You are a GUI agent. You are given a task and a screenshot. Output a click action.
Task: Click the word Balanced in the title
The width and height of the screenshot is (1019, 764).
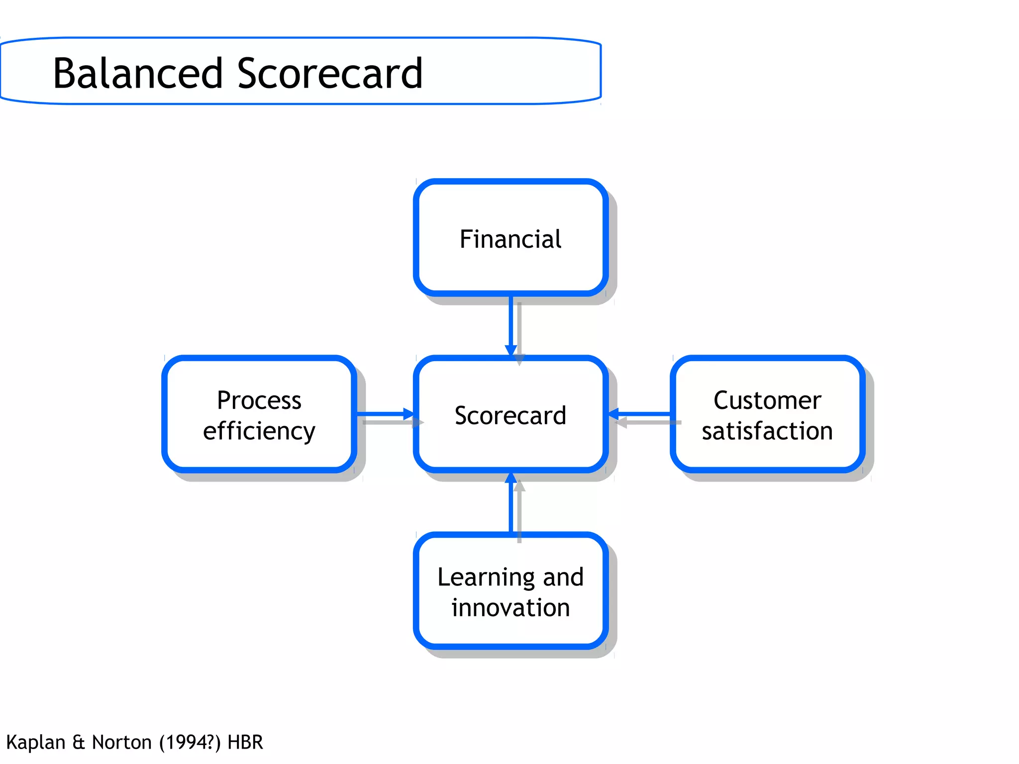click(x=137, y=74)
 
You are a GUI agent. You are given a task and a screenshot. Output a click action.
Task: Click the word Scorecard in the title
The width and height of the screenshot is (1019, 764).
click(x=330, y=74)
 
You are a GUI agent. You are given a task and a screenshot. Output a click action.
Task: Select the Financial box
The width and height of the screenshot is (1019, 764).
click(x=510, y=238)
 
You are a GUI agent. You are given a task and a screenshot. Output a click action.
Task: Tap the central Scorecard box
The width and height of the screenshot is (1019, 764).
click(x=510, y=415)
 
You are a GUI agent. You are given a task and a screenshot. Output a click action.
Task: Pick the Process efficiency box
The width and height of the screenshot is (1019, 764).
click(x=259, y=415)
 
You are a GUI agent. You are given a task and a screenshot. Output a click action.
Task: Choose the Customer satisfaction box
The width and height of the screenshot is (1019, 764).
click(x=767, y=415)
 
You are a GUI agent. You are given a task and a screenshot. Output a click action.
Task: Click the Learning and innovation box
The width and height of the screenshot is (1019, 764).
click(x=510, y=591)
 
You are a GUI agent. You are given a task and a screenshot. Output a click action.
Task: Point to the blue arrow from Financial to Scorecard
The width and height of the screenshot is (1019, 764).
click(x=511, y=323)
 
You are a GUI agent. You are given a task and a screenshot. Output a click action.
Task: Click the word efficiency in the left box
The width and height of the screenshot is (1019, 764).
click(x=259, y=431)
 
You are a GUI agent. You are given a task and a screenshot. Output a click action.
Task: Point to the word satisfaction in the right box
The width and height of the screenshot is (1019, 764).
click(x=767, y=431)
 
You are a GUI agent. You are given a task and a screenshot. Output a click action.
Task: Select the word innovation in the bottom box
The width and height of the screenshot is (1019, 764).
click(x=510, y=607)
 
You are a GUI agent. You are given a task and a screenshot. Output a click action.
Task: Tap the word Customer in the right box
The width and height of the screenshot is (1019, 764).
click(x=767, y=400)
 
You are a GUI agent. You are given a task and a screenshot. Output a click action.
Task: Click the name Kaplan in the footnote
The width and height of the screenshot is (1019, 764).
click(x=36, y=742)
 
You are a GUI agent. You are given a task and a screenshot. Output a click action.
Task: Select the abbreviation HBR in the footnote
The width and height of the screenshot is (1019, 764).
click(x=245, y=742)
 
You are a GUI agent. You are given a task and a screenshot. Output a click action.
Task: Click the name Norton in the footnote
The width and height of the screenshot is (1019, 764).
click(x=122, y=742)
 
